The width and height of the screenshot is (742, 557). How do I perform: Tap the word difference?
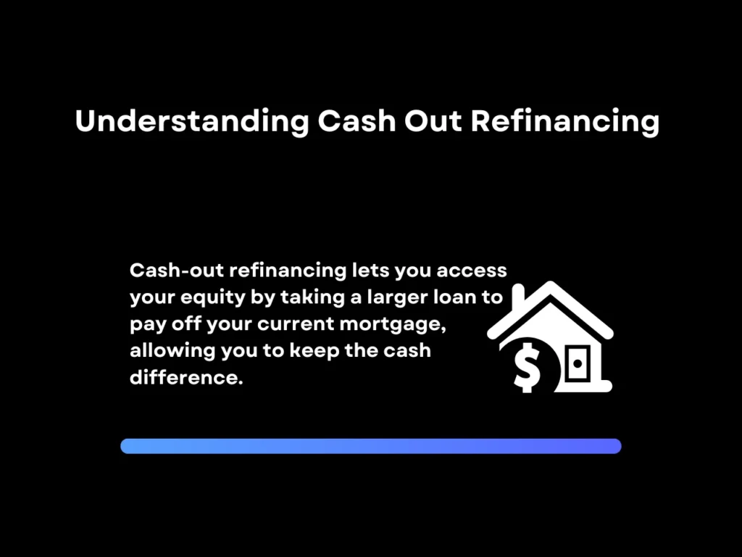[185, 378]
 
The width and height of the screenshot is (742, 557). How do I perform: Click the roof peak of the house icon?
[550, 287]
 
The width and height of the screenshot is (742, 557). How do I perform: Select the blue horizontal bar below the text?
[370, 446]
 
